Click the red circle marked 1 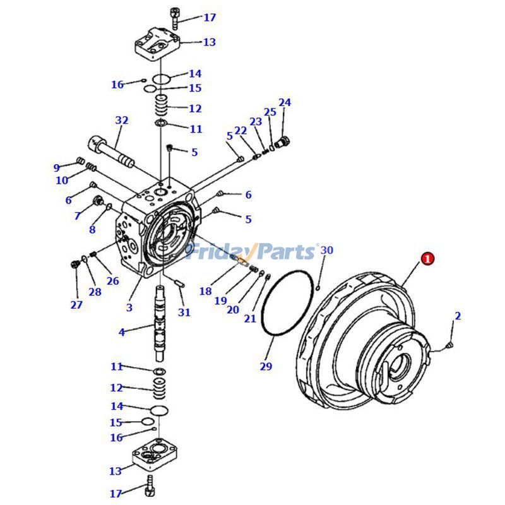tap(428, 259)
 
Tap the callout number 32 tap(122, 120)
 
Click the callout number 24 tap(285, 102)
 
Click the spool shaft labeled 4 tap(161, 324)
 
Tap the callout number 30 tap(326, 250)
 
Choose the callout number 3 tap(129, 307)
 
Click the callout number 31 tap(184, 312)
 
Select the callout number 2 tap(458, 316)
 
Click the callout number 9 tap(57, 167)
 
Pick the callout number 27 tap(76, 304)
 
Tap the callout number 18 tap(206, 291)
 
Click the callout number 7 tap(77, 215)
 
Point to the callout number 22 tap(241, 131)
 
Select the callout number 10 tap(62, 180)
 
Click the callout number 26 tap(113, 281)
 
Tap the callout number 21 tap(250, 318)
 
